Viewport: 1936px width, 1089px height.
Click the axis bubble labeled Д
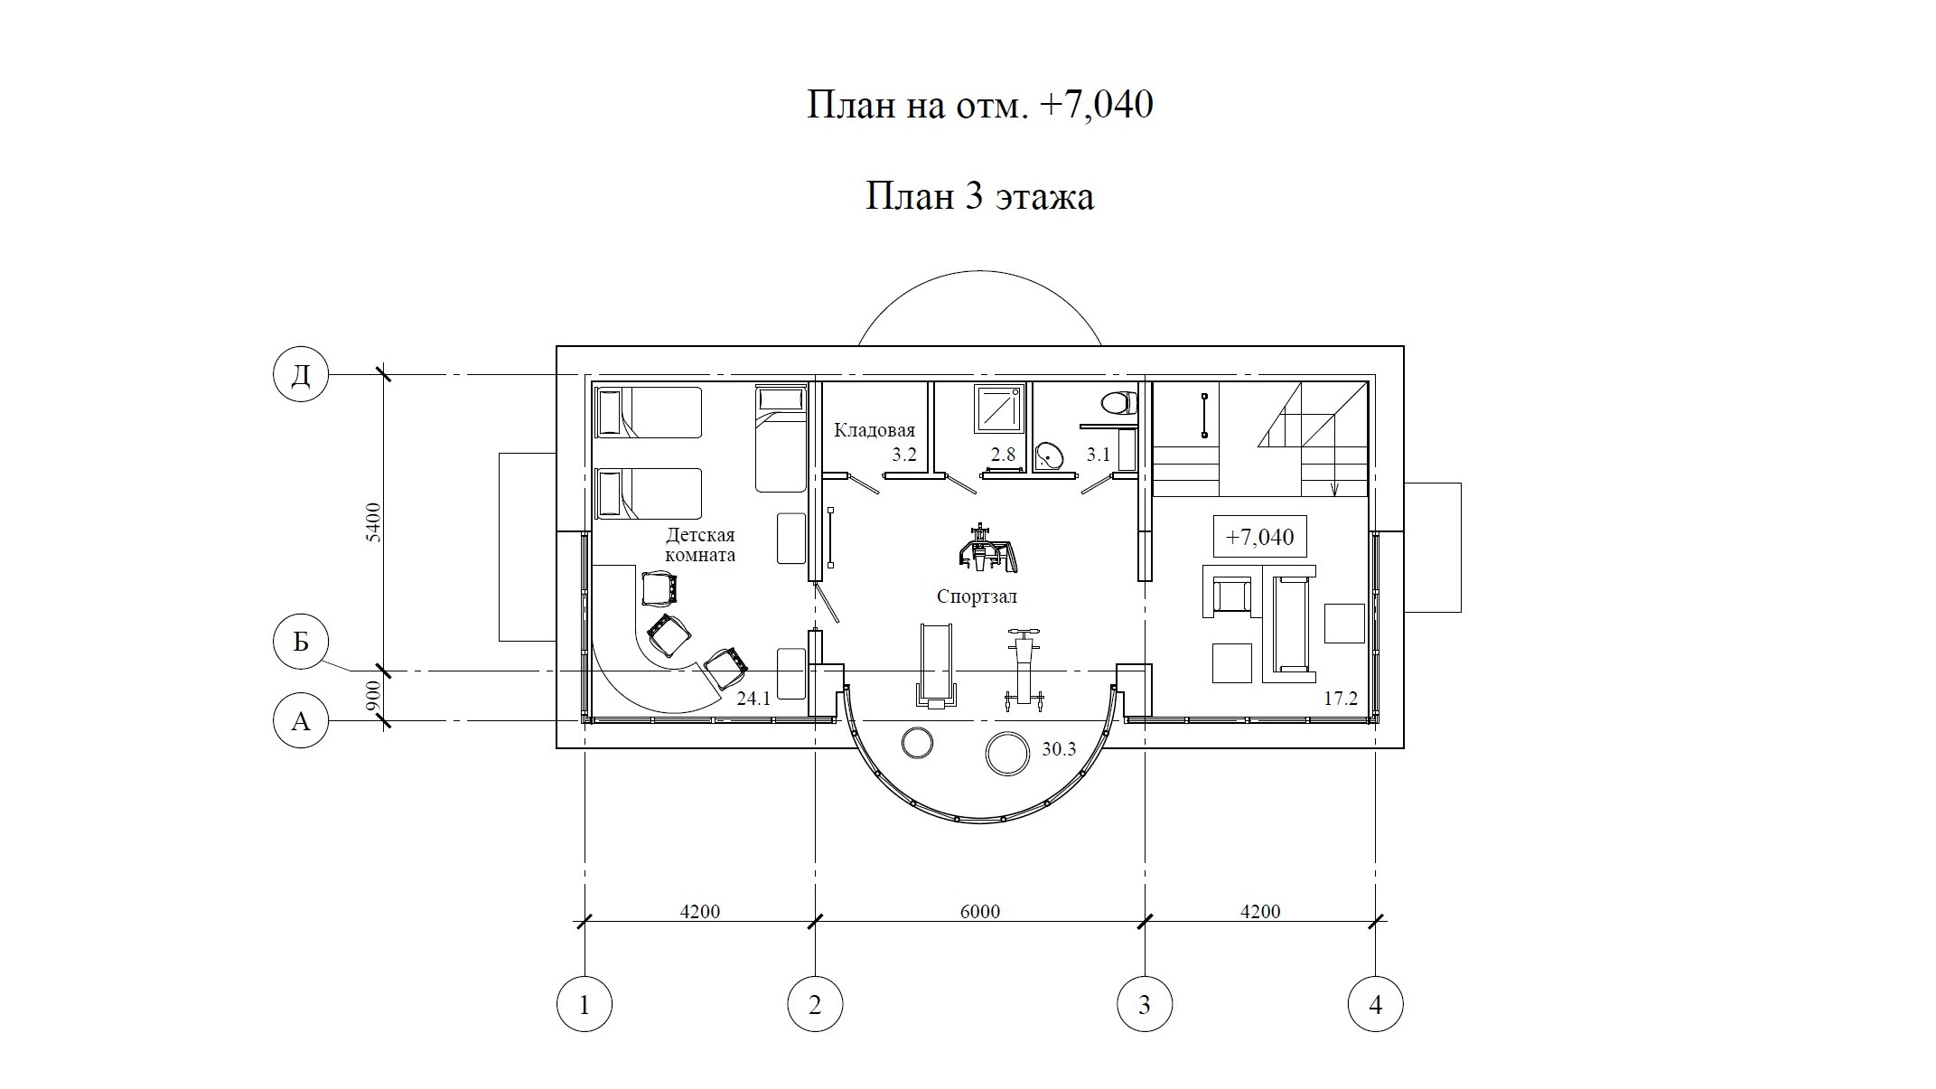[x=301, y=374]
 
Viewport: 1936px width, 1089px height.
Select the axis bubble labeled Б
[x=301, y=641]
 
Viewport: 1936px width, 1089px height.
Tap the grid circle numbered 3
[x=1145, y=1004]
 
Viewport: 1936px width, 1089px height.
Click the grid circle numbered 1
[x=585, y=1004]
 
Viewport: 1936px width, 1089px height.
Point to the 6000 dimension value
[x=980, y=911]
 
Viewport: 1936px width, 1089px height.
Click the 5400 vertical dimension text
[x=374, y=522]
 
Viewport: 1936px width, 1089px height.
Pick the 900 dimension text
[x=374, y=696]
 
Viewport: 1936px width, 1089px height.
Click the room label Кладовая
[x=874, y=430]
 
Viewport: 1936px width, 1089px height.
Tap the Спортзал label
[x=977, y=596]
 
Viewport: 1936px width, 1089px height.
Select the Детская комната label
[x=700, y=545]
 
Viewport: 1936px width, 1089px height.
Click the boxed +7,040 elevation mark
[x=1259, y=537]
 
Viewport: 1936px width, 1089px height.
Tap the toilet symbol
[x=1119, y=403]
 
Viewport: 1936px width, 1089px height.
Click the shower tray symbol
[x=999, y=408]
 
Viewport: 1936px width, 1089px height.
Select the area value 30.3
[x=1059, y=749]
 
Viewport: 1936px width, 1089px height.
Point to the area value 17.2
[x=1341, y=698]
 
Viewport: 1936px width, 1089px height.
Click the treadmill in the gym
[x=936, y=664]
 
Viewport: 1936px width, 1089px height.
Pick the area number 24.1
[x=753, y=698]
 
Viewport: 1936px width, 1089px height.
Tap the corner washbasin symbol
[x=1050, y=455]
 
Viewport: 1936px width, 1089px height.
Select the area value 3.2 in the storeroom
[x=903, y=455]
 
